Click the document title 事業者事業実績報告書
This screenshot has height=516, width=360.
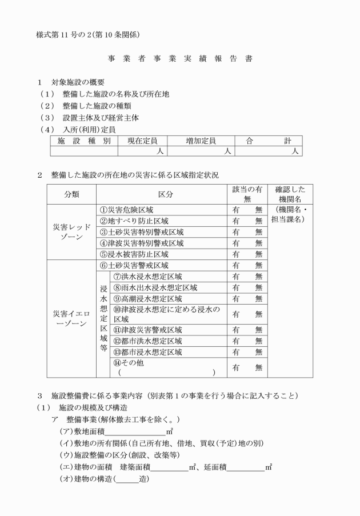[x=179, y=59]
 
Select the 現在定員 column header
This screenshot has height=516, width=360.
[x=142, y=141]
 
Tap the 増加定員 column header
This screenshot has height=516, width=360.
[x=201, y=141]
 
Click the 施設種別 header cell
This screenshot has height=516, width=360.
[x=84, y=141]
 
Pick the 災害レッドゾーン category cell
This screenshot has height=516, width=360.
[x=71, y=232]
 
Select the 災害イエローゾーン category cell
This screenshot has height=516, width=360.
[x=71, y=319]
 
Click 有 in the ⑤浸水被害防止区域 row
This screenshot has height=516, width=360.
[x=235, y=254]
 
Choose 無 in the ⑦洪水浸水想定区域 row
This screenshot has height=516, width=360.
[x=259, y=277]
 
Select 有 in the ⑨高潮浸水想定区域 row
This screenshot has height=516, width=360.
[x=235, y=299]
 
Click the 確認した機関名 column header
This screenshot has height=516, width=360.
[x=291, y=194]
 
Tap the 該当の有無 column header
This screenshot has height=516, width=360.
[x=247, y=194]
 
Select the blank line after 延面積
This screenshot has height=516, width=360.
[x=245, y=467]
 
